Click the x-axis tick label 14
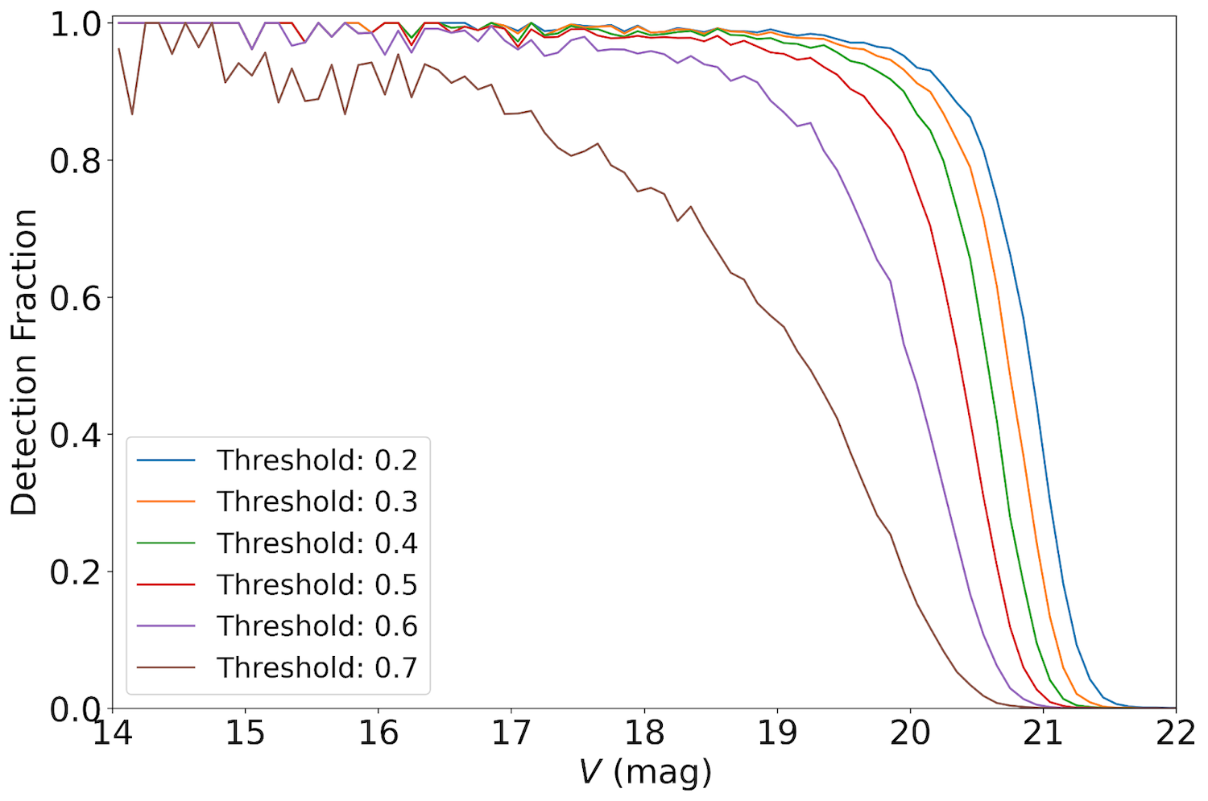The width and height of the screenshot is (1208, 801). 113,733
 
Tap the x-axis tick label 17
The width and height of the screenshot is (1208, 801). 511,733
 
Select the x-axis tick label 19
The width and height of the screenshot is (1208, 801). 777,733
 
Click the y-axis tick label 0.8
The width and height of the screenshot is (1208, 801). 76,161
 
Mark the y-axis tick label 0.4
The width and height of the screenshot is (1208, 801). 76,436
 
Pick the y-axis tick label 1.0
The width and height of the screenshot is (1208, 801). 76,24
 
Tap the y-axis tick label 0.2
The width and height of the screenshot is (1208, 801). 76,572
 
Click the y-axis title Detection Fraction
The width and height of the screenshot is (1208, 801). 24,362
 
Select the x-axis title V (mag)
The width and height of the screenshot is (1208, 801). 645,773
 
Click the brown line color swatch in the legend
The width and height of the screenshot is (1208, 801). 166,667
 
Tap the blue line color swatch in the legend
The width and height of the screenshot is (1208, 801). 166,460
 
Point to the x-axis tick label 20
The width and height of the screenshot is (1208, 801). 910,733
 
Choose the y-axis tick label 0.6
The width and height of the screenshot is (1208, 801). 76,298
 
